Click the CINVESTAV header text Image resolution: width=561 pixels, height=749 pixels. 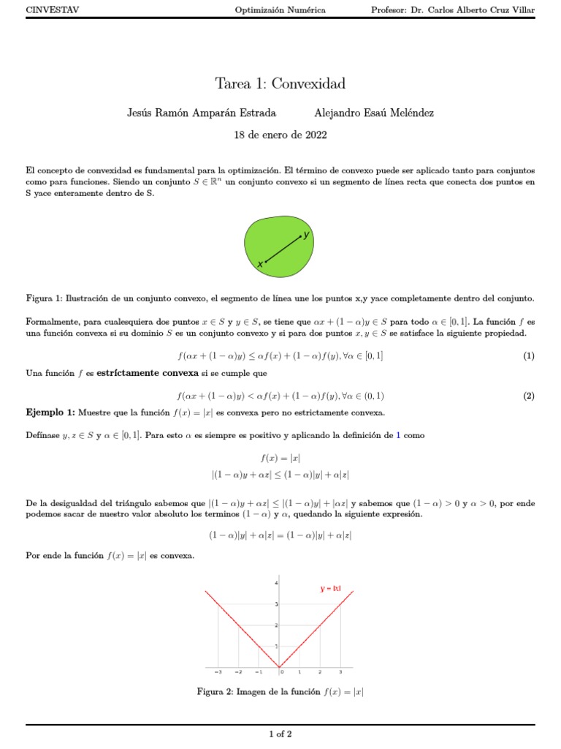pyautogui.click(x=53, y=10)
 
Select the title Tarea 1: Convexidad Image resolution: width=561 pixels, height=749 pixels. pyautogui.click(x=280, y=83)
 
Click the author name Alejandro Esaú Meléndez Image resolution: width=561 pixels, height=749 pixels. pyautogui.click(x=373, y=113)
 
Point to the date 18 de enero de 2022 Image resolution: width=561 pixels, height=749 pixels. pyautogui.click(x=280, y=135)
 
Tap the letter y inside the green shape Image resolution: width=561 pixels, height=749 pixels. pyautogui.click(x=307, y=234)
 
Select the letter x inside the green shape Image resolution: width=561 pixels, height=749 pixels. pyautogui.click(x=259, y=264)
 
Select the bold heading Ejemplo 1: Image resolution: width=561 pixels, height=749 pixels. pyautogui.click(x=50, y=413)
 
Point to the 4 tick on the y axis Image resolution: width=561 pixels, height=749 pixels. pyautogui.click(x=276, y=582)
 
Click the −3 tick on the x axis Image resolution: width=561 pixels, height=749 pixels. pyautogui.click(x=218, y=671)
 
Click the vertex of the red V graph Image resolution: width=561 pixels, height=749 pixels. pyautogui.click(x=280, y=666)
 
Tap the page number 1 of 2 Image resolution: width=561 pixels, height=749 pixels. pyautogui.click(x=280, y=734)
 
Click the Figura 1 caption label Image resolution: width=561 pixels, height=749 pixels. pyautogui.click(x=44, y=298)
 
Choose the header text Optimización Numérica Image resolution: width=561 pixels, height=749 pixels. pyautogui.click(x=280, y=10)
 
